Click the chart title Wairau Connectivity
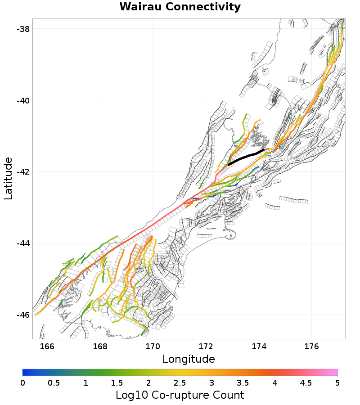click(x=180, y=7)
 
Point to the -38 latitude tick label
click(x=23, y=29)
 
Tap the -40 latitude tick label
click(x=23, y=100)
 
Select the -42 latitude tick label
click(x=23, y=172)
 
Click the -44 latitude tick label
click(x=23, y=243)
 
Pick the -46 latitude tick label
click(x=23, y=315)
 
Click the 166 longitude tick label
click(x=47, y=346)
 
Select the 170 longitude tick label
click(x=153, y=346)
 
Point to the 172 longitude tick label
click(x=206, y=346)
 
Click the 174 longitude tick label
click(x=259, y=346)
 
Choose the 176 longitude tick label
click(x=312, y=346)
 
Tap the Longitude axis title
click(x=189, y=359)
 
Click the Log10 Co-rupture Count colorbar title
click(x=180, y=395)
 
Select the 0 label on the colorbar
click(x=22, y=382)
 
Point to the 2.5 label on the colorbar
click(x=180, y=382)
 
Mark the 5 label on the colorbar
click(x=337, y=382)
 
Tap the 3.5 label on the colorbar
click(x=243, y=382)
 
